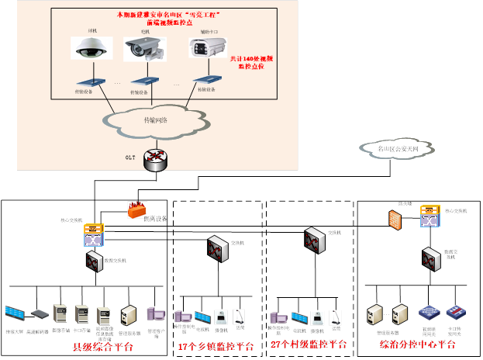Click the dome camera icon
82,49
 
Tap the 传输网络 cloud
156,120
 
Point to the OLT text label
129,157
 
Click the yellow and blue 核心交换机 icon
94,234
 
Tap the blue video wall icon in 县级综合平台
15,313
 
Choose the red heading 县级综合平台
102,346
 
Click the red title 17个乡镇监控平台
216,346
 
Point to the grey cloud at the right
398,147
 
